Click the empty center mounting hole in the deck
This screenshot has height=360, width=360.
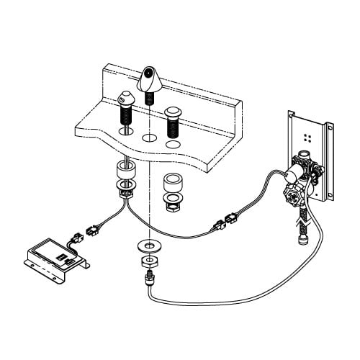[x=149, y=136]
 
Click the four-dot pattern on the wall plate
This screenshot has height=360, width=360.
[x=307, y=135]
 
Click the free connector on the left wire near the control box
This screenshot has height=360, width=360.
[x=91, y=230]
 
